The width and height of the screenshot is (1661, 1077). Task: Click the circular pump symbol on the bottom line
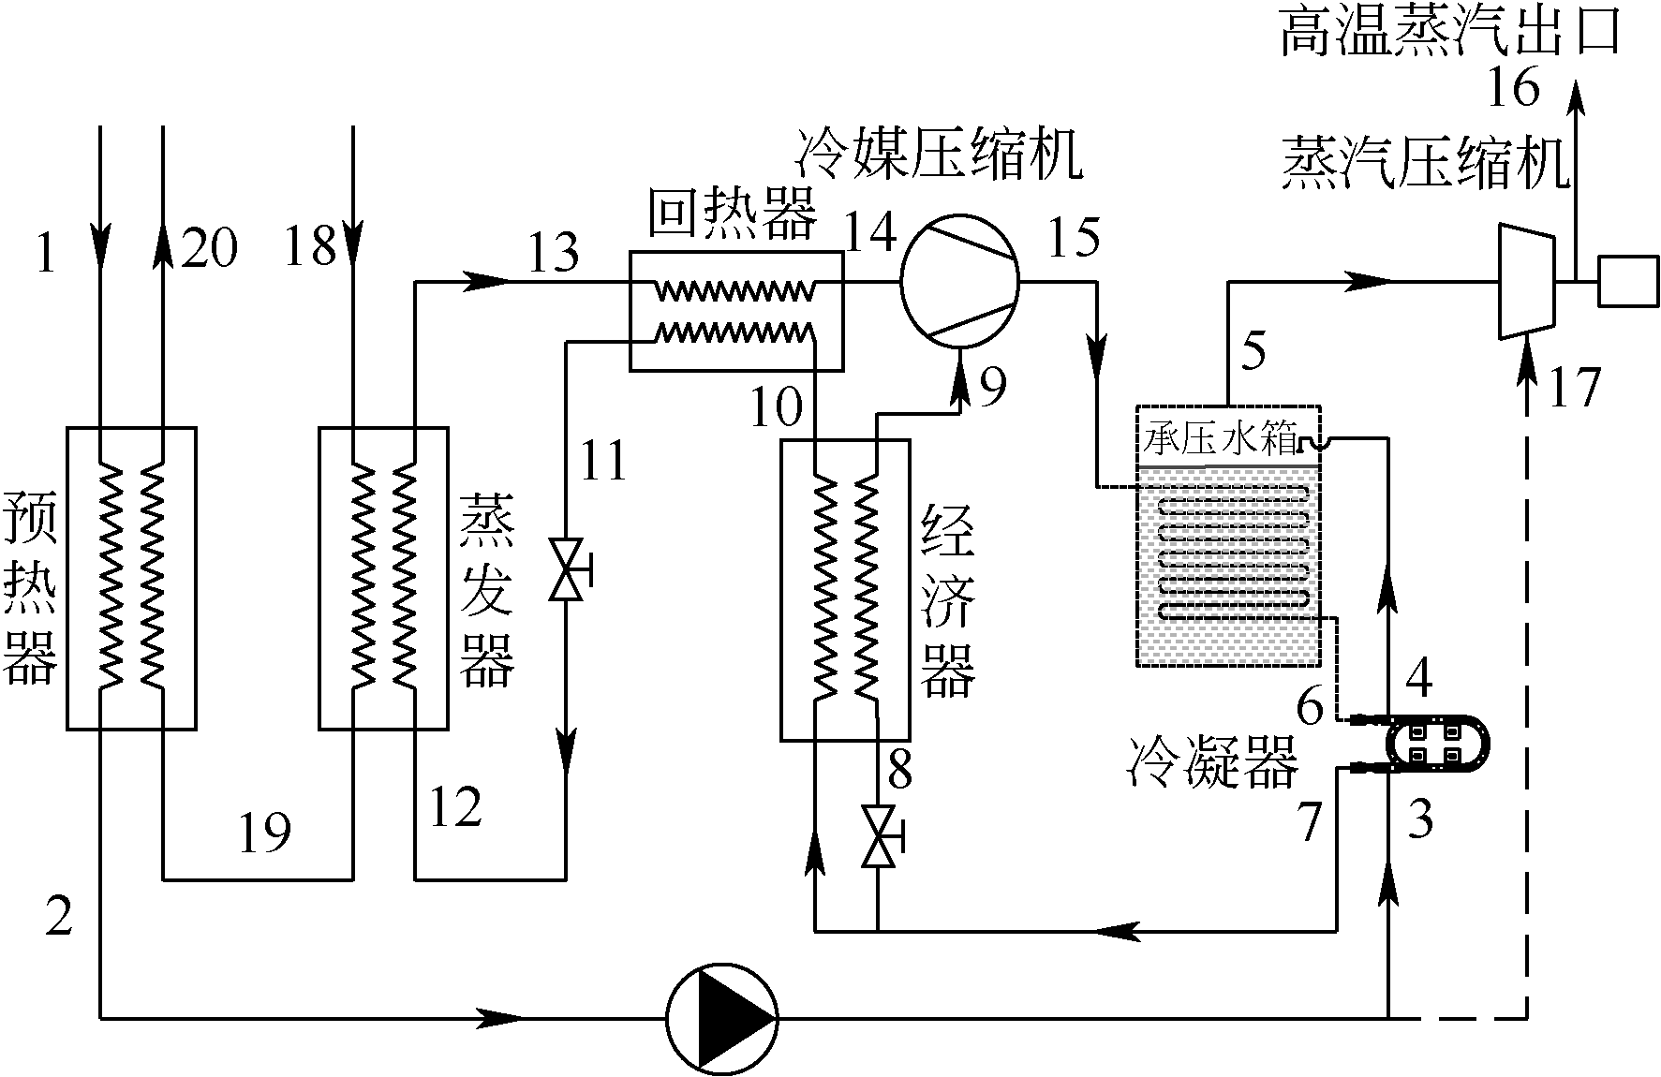721,1016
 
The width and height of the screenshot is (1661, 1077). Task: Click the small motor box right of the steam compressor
1628,280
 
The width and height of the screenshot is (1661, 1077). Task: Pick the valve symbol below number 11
567,570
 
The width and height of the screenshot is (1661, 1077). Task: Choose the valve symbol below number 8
878,836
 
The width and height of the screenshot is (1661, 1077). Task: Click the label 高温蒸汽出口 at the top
1450,32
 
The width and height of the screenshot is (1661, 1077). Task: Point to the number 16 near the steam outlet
1513,89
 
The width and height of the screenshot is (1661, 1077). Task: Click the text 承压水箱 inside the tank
1221,440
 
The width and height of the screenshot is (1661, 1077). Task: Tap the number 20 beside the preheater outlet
208,248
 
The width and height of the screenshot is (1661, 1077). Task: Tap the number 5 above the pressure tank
1253,351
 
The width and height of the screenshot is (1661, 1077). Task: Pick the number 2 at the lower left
58,918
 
